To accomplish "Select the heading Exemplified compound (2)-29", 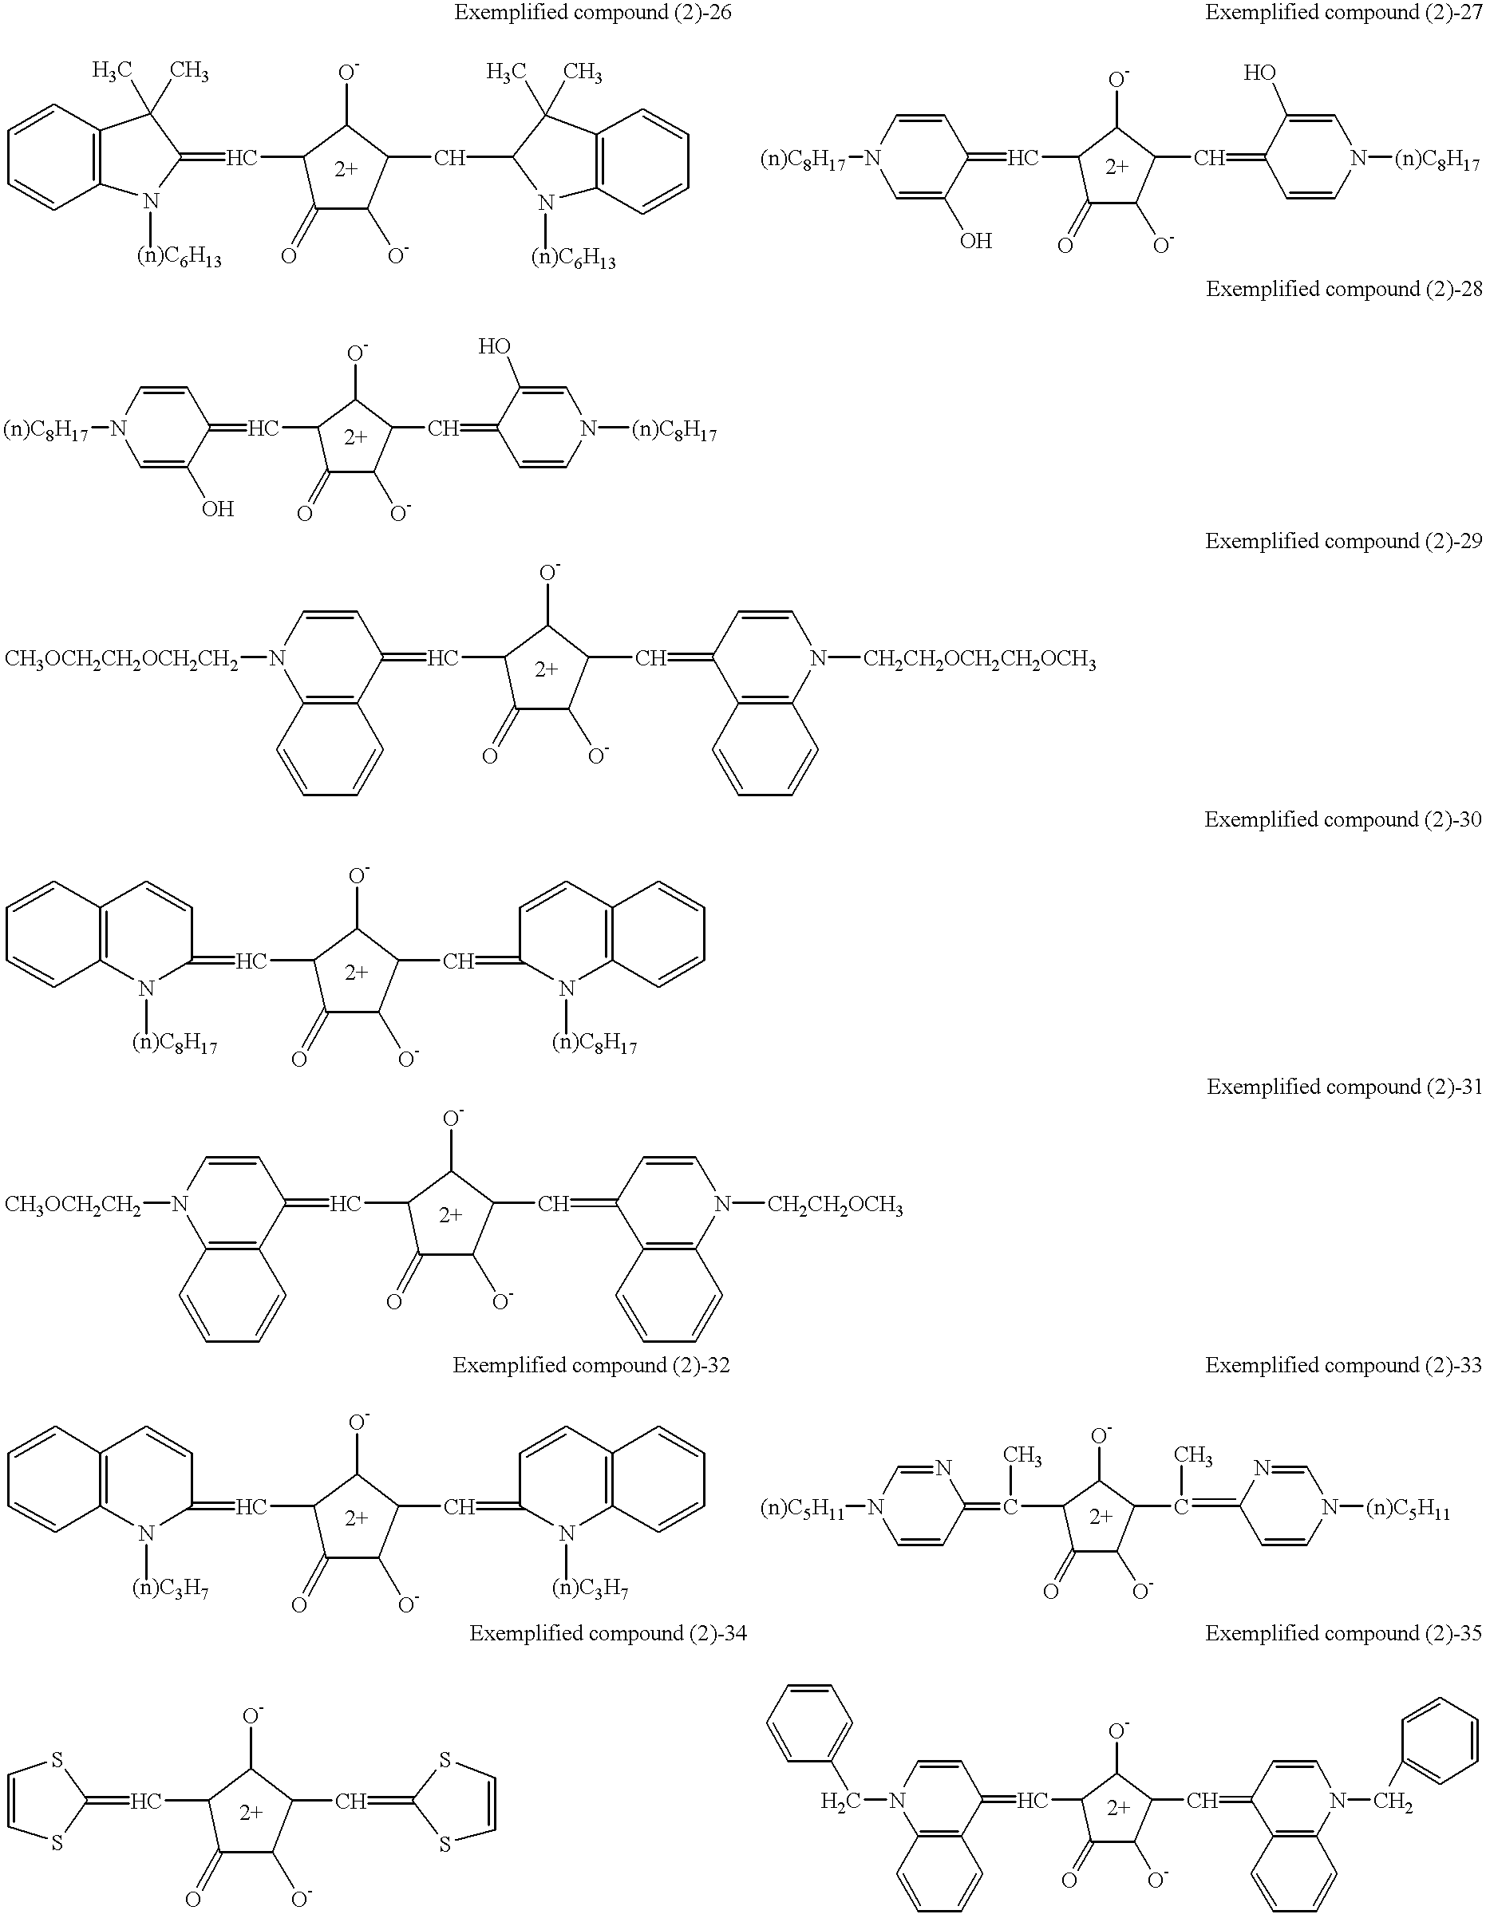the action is coord(1343,541).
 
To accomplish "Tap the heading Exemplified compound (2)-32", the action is coord(591,1365).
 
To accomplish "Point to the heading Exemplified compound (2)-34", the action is coord(608,1633).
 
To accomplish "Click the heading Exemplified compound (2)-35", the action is coord(1343,1633).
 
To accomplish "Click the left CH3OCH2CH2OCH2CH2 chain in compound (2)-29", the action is coord(122,659).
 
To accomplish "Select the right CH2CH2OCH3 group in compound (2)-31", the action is coord(834,1206).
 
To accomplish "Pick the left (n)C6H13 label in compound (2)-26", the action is coord(178,258).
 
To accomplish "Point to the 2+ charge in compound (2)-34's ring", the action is coord(251,1811).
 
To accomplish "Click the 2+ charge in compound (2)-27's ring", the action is coord(1116,167).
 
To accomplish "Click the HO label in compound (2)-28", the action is coord(495,347).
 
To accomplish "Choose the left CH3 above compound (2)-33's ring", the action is coord(1022,1457).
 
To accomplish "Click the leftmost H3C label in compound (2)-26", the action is coord(112,71).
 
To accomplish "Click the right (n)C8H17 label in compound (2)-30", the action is coord(595,1044).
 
